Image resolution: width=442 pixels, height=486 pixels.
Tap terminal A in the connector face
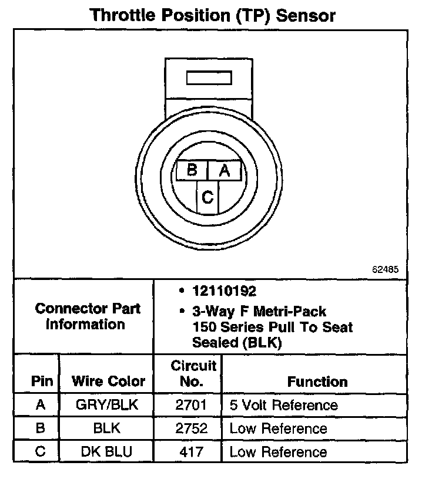224,171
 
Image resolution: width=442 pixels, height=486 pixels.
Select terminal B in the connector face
192,171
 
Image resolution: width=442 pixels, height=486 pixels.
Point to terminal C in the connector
207,197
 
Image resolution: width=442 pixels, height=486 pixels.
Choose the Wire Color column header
108,381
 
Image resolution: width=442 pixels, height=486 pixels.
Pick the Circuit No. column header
193,373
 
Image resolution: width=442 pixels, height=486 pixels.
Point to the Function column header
317,382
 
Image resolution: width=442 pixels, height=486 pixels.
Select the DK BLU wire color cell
106,452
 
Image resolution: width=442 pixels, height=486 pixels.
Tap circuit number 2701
192,405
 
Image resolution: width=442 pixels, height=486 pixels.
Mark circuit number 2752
192,428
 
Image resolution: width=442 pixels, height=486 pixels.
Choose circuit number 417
192,452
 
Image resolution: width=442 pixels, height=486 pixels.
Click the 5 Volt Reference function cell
283,405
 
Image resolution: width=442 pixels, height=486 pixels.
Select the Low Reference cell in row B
278,428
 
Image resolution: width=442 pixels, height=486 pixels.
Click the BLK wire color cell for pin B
106,428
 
